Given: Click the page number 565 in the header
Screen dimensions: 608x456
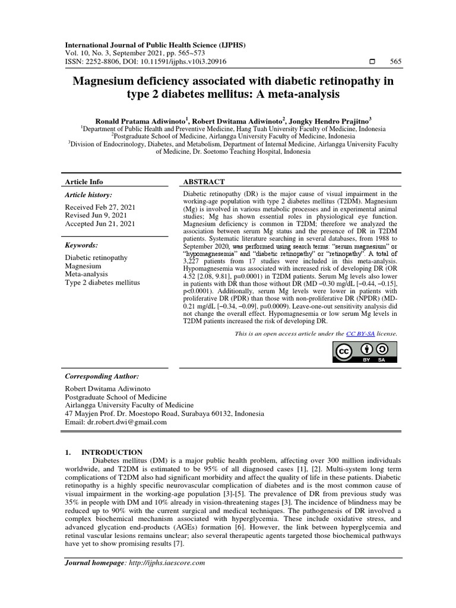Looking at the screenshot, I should [x=395, y=62].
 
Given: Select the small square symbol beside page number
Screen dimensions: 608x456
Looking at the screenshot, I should [x=372, y=62].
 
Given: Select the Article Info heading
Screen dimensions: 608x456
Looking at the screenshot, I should [x=83, y=182].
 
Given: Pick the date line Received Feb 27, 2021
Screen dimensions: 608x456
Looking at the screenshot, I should [x=100, y=206].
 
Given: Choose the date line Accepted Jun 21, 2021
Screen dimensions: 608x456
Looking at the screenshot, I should [x=100, y=224].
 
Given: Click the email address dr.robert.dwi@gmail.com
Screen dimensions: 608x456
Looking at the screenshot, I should [x=127, y=422].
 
